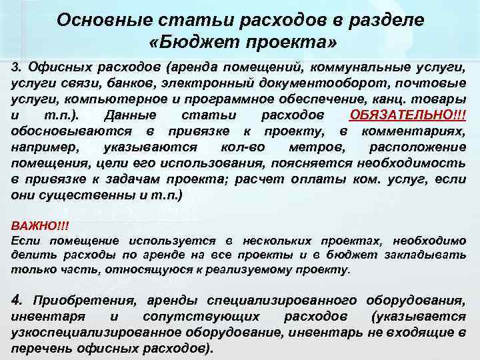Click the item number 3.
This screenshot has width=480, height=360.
point(17,68)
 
